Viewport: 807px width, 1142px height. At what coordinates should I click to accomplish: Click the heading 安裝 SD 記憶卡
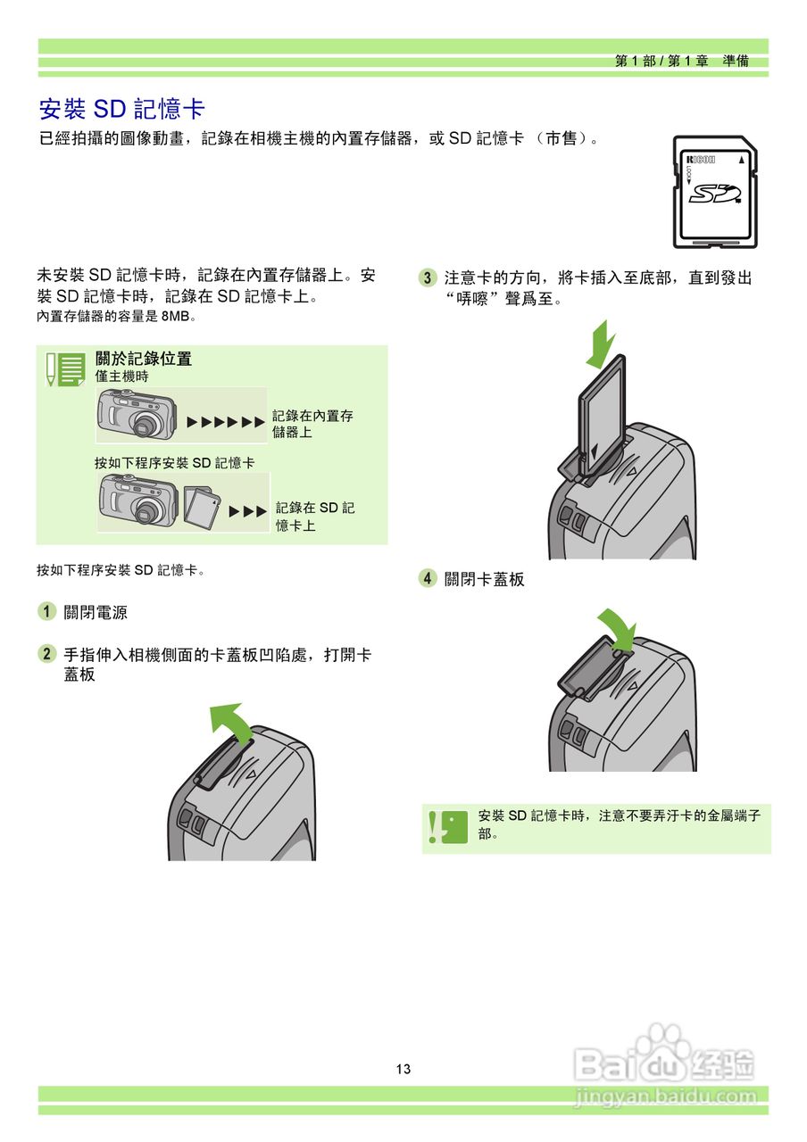click(122, 109)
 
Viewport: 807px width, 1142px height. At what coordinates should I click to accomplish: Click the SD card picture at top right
click(713, 192)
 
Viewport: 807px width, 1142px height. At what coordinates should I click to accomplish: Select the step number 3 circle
click(428, 277)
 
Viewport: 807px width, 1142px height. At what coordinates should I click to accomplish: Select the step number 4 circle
click(428, 578)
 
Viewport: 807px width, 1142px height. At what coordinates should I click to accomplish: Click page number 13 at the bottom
click(403, 1069)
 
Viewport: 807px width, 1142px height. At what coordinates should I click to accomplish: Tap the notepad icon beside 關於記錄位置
click(65, 368)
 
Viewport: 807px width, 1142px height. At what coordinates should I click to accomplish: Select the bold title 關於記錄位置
click(144, 359)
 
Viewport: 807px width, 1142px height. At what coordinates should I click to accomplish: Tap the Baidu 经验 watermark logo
click(665, 1062)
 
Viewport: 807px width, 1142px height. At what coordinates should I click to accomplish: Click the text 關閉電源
click(96, 613)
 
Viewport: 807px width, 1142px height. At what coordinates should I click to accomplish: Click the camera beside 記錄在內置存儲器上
click(135, 416)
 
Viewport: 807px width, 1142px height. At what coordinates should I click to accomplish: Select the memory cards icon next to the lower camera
click(204, 506)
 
